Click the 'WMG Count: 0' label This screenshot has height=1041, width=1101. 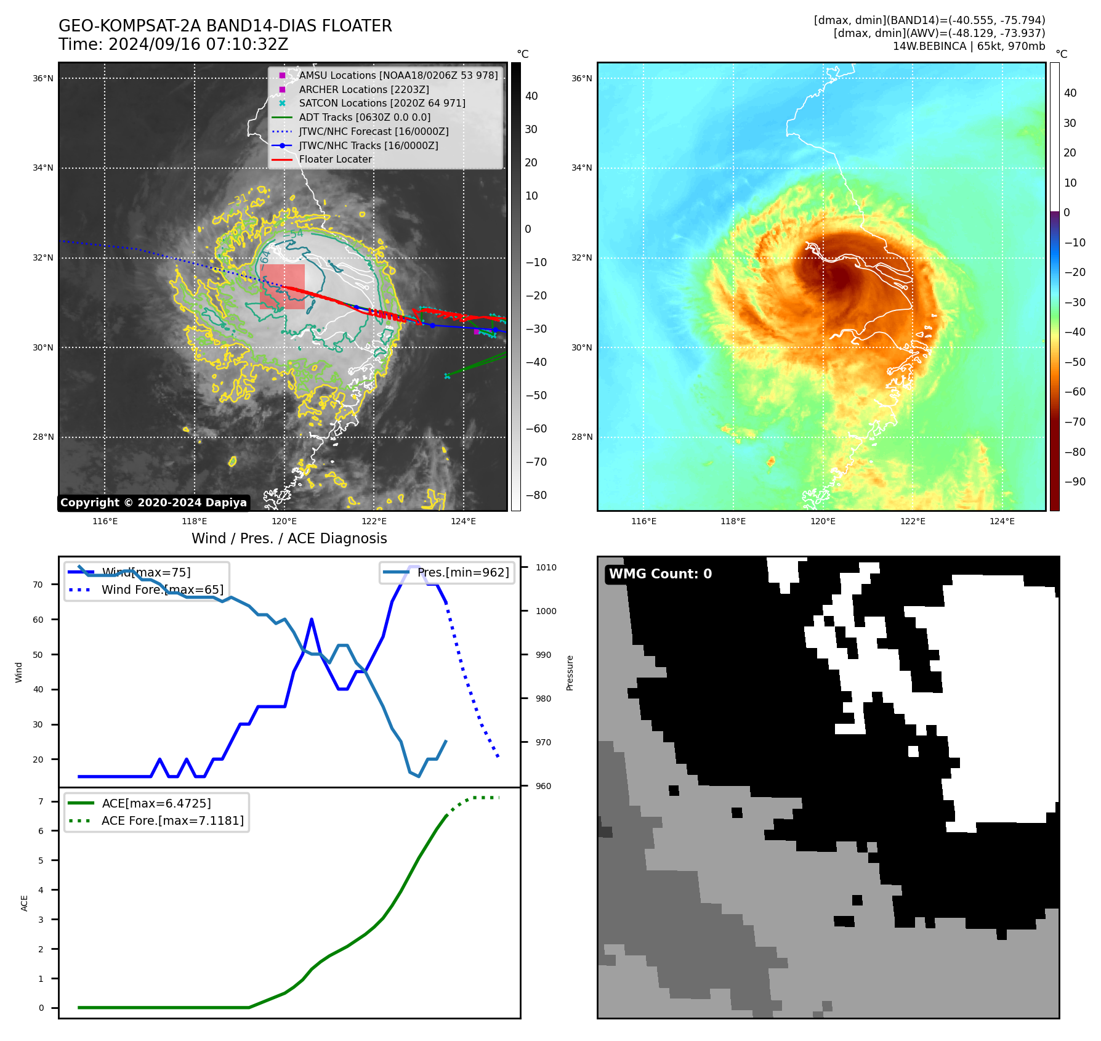point(660,574)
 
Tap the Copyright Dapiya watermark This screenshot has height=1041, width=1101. point(153,503)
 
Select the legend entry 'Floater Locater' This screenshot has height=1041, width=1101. point(335,160)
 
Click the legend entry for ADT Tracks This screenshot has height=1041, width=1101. point(365,118)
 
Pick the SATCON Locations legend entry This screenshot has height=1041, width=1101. point(382,103)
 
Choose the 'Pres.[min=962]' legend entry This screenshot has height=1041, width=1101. point(462,573)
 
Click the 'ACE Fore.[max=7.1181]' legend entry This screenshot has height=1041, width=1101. point(172,821)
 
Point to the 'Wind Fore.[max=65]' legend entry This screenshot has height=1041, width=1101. point(163,590)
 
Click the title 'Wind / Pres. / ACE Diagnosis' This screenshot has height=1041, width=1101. point(289,539)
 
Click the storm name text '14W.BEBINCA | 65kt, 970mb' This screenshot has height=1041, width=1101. point(969,46)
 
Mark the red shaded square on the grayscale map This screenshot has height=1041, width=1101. point(282,286)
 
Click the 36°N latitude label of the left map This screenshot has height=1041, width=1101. point(43,79)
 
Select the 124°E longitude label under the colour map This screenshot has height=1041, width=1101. point(1002,522)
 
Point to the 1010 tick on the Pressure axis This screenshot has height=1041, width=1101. point(546,568)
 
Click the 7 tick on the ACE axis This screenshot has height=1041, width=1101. point(41,801)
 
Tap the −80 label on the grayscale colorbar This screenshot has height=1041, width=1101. point(536,495)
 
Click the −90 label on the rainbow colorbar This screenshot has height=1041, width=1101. point(1075,482)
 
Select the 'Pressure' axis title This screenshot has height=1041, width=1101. point(570,673)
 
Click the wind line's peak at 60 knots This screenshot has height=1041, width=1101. point(312,619)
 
